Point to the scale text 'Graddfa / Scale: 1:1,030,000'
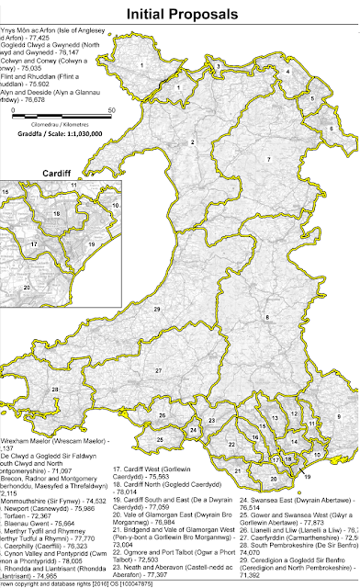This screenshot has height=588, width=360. coord(57,131)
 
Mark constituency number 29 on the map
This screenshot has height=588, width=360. coord(157,309)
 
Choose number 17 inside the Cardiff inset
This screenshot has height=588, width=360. coord(33,245)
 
